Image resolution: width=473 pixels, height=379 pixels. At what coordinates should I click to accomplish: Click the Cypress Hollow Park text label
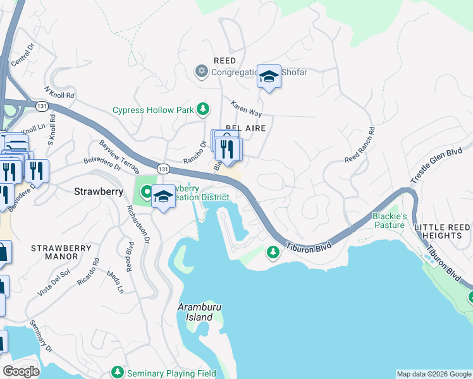pyautogui.click(x=152, y=110)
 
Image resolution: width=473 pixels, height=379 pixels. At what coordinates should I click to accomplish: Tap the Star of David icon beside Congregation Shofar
pyautogui.click(x=202, y=71)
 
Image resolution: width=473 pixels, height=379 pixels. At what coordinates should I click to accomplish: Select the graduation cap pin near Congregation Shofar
pyautogui.click(x=269, y=77)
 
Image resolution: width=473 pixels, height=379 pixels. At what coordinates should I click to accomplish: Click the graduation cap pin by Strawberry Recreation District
pyautogui.click(x=163, y=196)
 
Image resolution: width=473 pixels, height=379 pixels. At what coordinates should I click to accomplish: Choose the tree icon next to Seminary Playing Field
pyautogui.click(x=117, y=373)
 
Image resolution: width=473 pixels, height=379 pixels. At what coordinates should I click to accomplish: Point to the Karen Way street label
pyautogui.click(x=246, y=108)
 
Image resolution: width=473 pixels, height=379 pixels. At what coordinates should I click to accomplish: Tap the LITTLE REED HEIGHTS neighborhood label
pyautogui.click(x=442, y=231)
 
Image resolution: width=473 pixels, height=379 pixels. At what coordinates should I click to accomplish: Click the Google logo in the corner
pyautogui.click(x=21, y=371)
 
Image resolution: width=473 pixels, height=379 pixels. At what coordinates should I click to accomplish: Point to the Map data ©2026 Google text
pyautogui.click(x=434, y=374)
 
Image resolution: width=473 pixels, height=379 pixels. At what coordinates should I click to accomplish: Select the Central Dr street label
pyautogui.click(x=21, y=57)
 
